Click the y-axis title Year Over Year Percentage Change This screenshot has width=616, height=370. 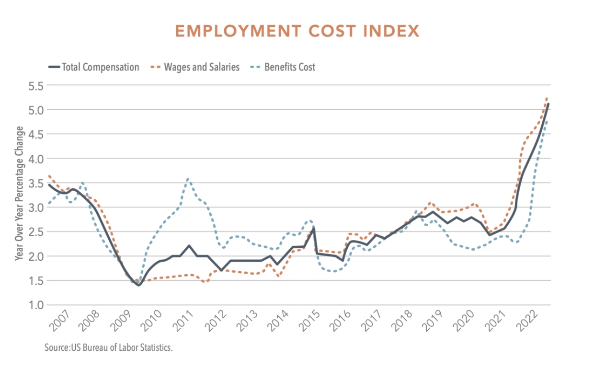[x=19, y=193]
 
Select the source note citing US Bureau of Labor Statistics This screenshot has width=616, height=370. [x=109, y=347]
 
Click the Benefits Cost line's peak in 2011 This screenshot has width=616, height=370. [x=188, y=179]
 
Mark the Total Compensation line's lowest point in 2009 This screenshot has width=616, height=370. [x=138, y=285]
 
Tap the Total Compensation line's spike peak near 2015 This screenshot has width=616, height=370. [x=313, y=229]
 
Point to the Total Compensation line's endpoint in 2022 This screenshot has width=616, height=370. [x=548, y=104]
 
